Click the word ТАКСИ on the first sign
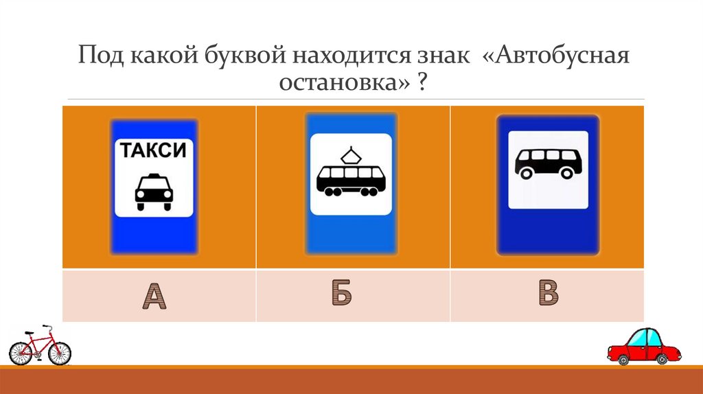[154, 150]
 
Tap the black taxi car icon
[154, 191]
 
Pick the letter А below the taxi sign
[154, 296]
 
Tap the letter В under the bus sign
[547, 293]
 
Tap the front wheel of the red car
[621, 358]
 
